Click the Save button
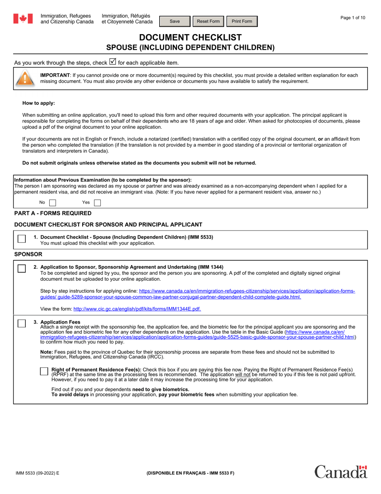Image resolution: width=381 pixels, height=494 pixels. tap(175, 21)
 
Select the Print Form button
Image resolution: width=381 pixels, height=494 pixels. tap(242, 21)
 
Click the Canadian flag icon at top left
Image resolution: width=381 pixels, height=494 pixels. tap(23, 18)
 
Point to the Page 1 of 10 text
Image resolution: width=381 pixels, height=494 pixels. tap(353, 18)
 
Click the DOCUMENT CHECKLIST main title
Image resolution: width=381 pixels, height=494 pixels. tap(190, 37)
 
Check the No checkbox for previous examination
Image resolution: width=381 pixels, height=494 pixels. tap(53, 203)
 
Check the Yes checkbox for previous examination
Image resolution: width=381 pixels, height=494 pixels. tap(97, 203)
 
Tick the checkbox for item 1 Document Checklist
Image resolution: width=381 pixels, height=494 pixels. tap(22, 239)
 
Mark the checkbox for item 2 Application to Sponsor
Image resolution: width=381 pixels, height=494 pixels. tap(22, 269)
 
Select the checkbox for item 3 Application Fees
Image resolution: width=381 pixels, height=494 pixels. tap(22, 323)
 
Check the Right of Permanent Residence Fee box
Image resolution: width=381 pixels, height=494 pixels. tap(44, 372)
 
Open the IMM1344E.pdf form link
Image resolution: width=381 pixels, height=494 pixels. tap(137, 309)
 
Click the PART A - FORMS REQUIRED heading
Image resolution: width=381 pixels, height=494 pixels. tap(53, 213)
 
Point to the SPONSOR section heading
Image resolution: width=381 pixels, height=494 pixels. tap(28, 254)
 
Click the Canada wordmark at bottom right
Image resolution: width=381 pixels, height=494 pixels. tap(340, 472)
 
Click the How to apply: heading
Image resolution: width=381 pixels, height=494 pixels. tap(39, 103)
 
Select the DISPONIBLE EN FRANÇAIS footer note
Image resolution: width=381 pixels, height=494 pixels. tap(190, 473)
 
